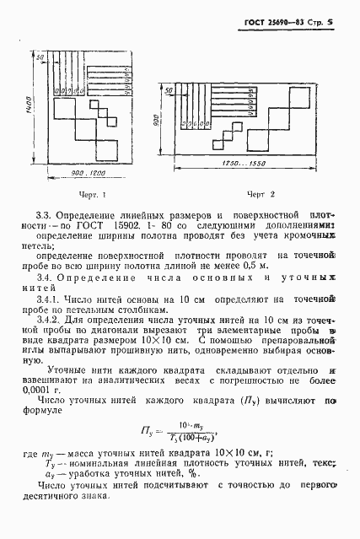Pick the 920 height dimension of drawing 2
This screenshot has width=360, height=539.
[158, 120]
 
